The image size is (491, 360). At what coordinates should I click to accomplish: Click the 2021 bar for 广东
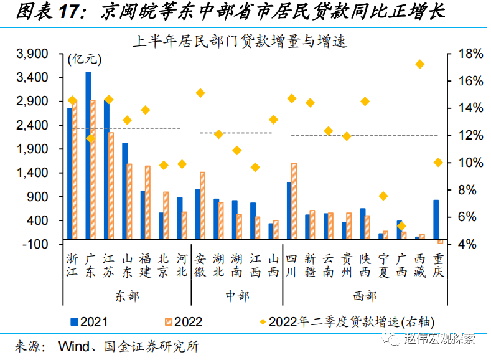88,156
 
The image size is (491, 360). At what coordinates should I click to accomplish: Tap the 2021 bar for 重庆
436,220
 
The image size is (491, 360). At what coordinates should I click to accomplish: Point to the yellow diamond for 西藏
420,64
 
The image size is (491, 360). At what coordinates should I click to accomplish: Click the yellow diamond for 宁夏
383,196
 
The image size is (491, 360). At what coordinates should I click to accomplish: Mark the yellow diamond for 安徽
200,93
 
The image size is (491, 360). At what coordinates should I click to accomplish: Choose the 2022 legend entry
181,322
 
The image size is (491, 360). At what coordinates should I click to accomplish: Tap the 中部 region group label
236,295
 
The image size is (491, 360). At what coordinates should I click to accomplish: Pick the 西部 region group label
364,295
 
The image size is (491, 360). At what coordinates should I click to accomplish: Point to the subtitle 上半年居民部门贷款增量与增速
240,42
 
